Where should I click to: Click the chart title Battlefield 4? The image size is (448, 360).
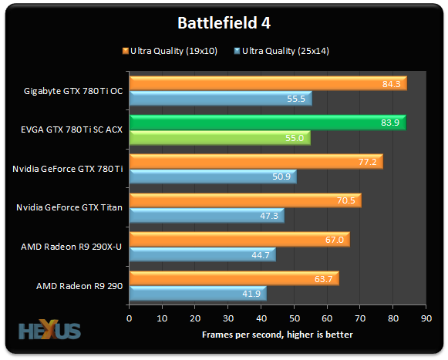pos(224,22)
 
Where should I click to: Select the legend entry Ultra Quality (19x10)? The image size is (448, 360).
pos(171,52)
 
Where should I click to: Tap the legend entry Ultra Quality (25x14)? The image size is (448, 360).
pos(284,52)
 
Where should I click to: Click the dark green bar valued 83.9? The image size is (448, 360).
pos(266,123)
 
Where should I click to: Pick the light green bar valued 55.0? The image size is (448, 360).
pos(219,138)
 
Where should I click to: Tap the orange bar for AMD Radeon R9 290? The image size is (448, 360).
pos(233,278)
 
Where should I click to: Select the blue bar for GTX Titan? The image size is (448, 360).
pos(206,216)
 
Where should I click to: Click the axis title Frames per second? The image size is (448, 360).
pos(278,334)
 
